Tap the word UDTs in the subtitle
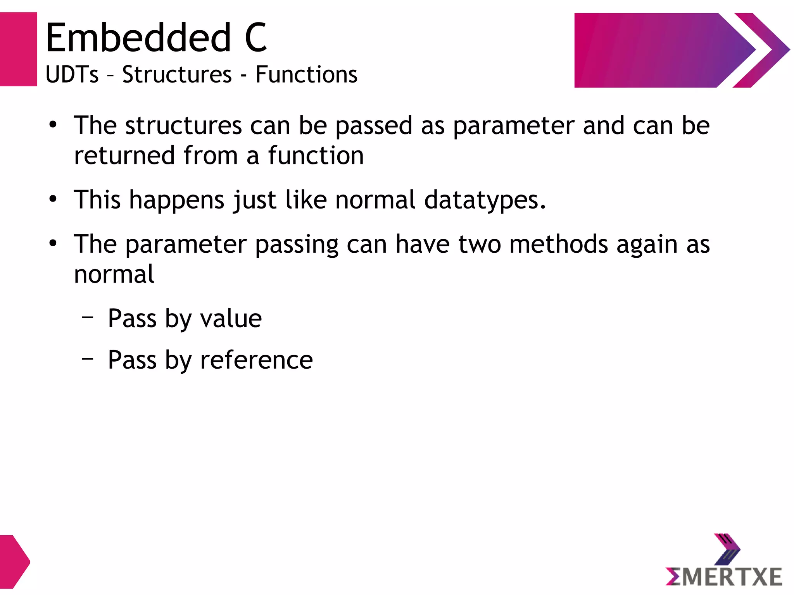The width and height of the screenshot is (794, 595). pos(72,74)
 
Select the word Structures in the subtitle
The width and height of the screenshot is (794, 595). pos(177,74)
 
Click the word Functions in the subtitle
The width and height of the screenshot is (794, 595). pos(306,74)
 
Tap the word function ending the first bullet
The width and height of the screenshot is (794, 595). pos(316,155)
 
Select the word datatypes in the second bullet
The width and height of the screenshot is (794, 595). pos(485,200)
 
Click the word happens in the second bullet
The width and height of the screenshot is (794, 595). pos(177,200)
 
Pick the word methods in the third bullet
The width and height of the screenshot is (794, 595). pos(558,244)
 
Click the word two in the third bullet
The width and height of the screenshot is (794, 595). pos(480,244)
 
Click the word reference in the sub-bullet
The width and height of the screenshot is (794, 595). pos(256,360)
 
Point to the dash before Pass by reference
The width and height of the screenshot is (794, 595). pos(88,359)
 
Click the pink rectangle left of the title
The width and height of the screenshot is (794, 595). pos(18,49)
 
